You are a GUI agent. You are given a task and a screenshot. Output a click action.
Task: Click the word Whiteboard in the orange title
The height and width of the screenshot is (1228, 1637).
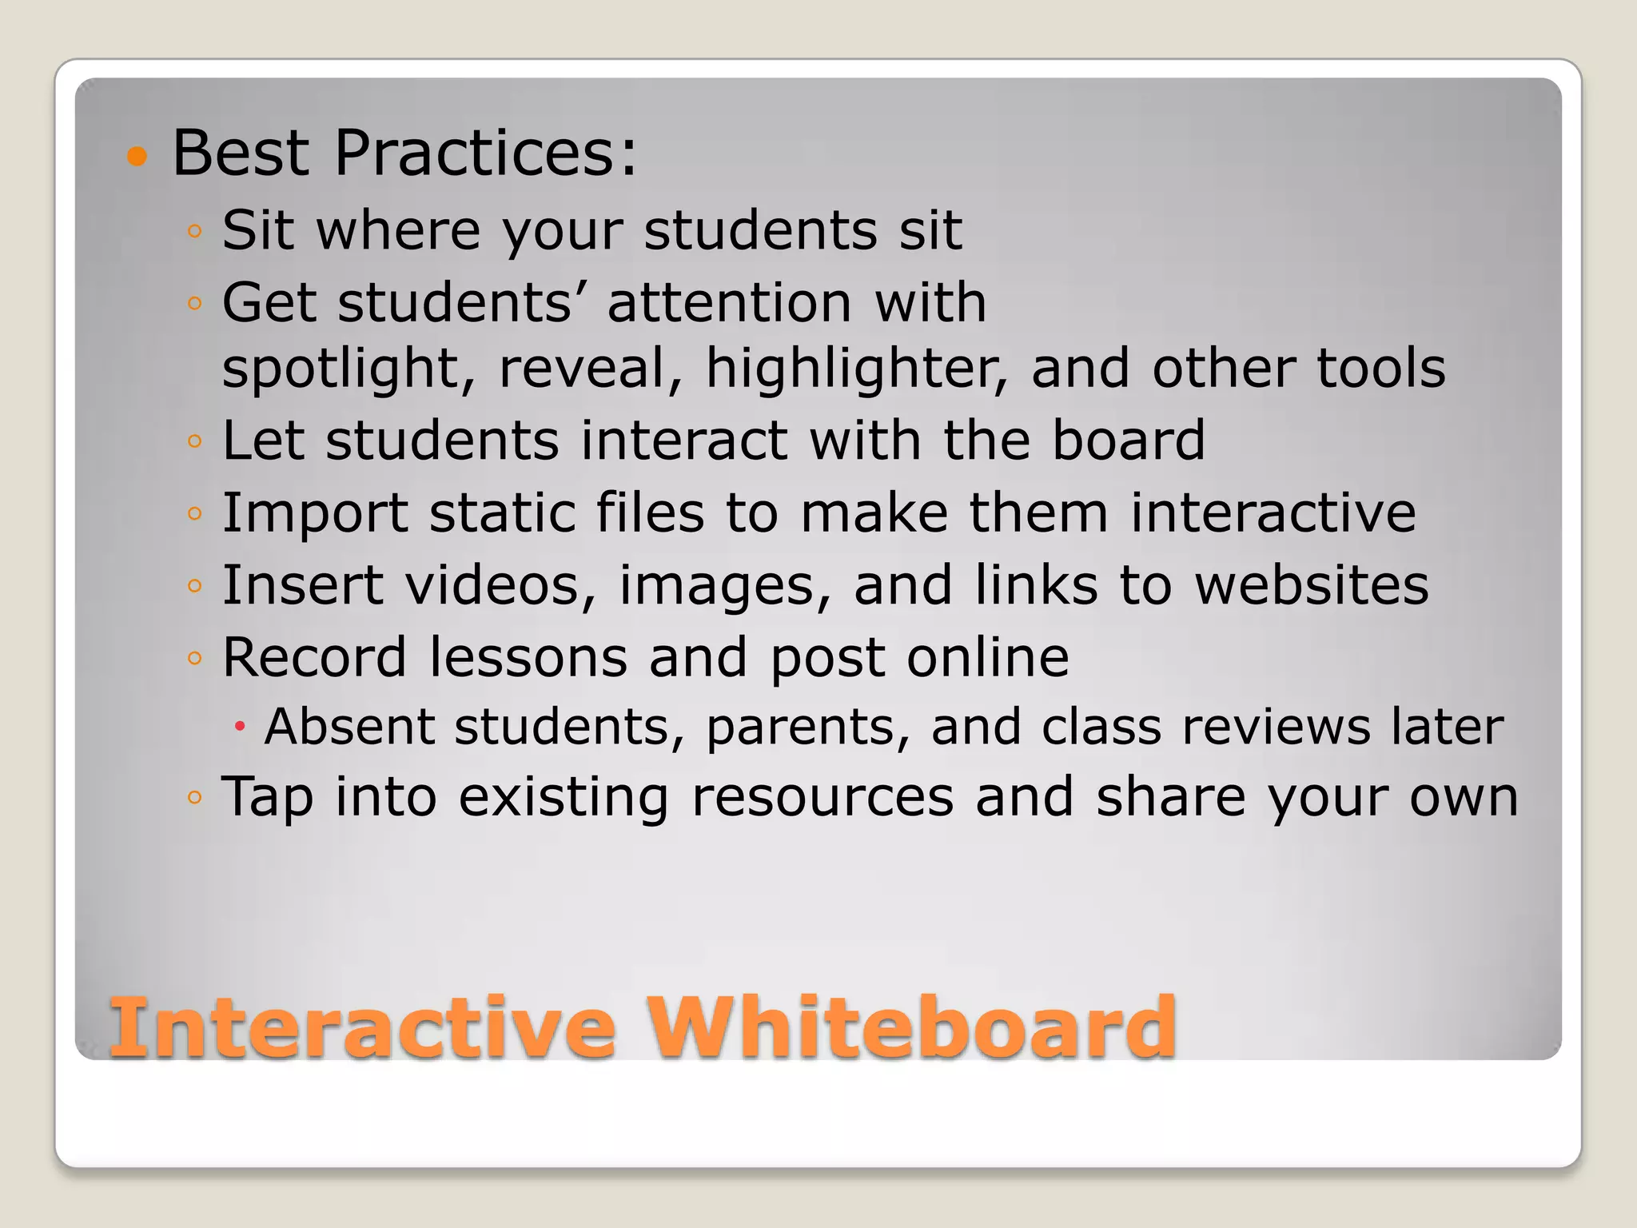pyautogui.click(x=911, y=1027)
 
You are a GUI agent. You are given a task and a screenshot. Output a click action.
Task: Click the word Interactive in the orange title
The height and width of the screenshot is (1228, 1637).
pyautogui.click(x=363, y=1027)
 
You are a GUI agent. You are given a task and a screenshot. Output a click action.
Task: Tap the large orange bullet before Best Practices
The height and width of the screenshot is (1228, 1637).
pyautogui.click(x=137, y=156)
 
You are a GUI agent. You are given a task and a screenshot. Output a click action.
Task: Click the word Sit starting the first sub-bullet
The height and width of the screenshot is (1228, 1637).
pyautogui.click(x=257, y=230)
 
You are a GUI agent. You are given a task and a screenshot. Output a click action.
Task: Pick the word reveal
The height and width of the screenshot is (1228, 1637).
pyautogui.click(x=590, y=369)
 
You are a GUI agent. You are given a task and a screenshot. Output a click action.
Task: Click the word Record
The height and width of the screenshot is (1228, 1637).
pyautogui.click(x=314, y=657)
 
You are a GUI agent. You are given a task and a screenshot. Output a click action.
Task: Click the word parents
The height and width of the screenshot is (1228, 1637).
pyautogui.click(x=807, y=727)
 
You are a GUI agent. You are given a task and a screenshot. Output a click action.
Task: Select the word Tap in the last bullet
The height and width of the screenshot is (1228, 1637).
pyautogui.click(x=267, y=798)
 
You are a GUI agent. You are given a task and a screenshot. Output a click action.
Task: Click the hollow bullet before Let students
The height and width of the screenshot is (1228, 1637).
pyautogui.click(x=194, y=441)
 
